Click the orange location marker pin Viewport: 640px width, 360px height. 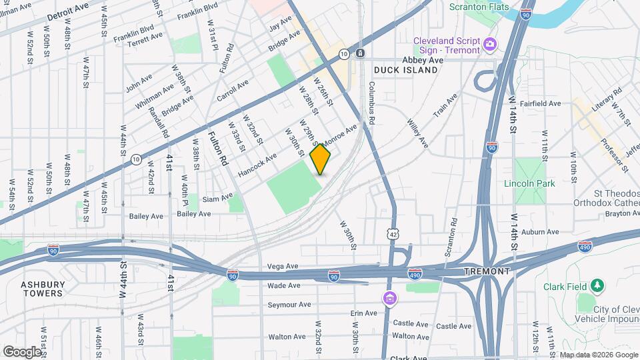[321, 159]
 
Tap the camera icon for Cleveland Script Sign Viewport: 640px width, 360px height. [490, 44]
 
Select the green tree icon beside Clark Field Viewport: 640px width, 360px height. [599, 287]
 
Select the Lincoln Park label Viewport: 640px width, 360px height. [530, 183]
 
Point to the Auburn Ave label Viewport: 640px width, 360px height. [540, 232]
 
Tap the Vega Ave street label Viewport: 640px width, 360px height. [282, 265]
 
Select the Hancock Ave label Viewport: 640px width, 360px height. [257, 166]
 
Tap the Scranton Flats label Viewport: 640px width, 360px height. [479, 7]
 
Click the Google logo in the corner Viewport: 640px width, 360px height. [22, 351]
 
